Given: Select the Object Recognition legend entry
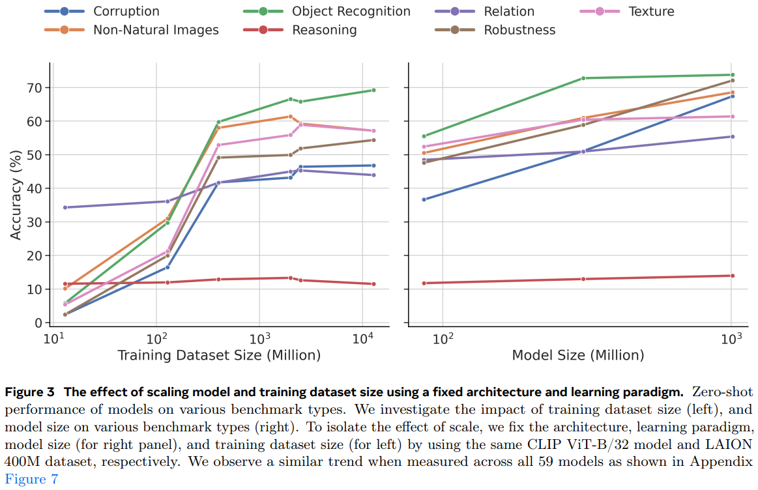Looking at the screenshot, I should (351, 11).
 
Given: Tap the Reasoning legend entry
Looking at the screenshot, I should (324, 30).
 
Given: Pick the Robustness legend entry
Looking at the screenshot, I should (519, 30).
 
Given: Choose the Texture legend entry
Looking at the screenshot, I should (651, 11).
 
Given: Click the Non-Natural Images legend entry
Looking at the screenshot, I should (156, 30).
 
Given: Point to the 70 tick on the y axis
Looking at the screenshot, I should (34, 87).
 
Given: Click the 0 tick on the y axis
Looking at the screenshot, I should (38, 323).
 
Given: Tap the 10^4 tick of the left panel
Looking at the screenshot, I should (362, 339).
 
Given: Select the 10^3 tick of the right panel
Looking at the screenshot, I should (731, 339).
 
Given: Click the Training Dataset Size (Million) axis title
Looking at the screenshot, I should (219, 355).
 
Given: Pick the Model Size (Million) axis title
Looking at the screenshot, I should (577, 355).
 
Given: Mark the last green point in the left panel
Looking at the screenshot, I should (373, 90).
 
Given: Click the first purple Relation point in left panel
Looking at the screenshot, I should (65, 207).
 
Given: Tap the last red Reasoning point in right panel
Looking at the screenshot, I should (732, 276).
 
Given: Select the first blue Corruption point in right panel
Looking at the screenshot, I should (424, 199).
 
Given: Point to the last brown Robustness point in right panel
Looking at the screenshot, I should (732, 80).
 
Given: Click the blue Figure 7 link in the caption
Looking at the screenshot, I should (31, 480).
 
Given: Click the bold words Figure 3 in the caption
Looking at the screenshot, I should (31, 392).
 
